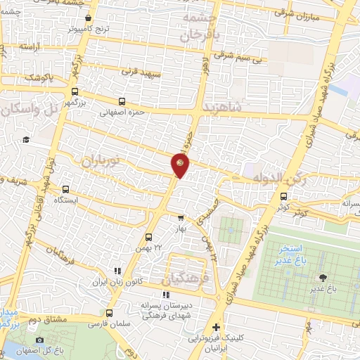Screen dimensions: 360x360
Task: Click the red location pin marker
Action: tap(180, 165)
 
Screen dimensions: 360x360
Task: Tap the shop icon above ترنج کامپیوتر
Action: tap(88, 19)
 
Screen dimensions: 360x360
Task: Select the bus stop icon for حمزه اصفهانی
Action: tap(122, 101)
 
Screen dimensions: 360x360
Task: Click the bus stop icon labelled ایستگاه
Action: tap(65, 189)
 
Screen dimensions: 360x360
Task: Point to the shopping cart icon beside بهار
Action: tap(181, 218)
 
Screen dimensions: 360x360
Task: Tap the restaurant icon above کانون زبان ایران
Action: tap(117, 270)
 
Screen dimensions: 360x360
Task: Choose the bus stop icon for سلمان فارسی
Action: tap(109, 314)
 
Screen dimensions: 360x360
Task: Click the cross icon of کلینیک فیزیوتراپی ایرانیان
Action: tap(216, 327)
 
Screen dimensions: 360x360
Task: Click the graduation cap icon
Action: tap(26, 140)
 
